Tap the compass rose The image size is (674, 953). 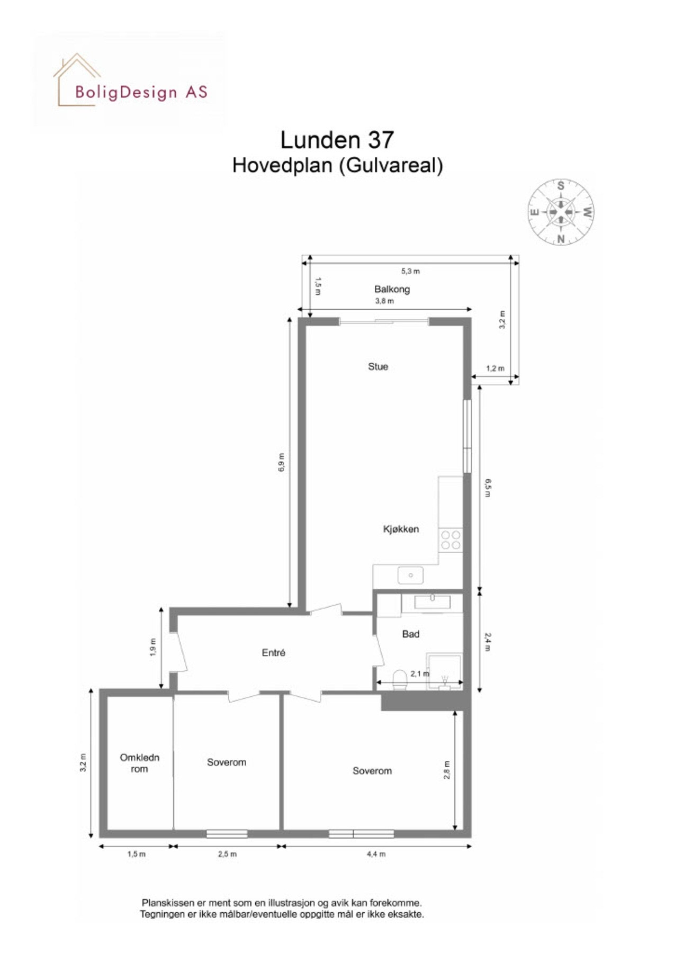click(561, 212)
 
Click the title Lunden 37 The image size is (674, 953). click(337, 140)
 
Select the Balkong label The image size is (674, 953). click(392, 289)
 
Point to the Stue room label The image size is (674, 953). click(378, 366)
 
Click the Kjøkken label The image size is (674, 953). click(401, 529)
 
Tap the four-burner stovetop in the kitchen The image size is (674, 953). click(451, 540)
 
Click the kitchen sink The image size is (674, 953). click(410, 575)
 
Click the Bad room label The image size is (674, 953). click(410, 634)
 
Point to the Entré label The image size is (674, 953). click(273, 653)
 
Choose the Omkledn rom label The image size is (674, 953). click(139, 763)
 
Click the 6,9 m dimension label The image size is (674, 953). click(282, 463)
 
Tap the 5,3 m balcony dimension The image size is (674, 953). click(410, 271)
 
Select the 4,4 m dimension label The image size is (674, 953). click(376, 854)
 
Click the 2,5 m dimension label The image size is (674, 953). click(227, 854)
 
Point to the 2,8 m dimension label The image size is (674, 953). click(447, 770)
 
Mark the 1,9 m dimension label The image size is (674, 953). click(153, 648)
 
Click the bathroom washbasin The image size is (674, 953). click(433, 601)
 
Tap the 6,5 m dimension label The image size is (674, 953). click(488, 488)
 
